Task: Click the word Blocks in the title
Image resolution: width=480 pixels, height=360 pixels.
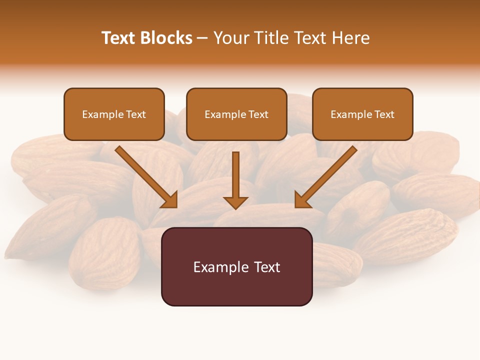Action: (166, 38)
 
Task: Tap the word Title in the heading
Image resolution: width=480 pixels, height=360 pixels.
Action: (270, 38)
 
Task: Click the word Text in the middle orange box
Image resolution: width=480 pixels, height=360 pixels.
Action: (258, 114)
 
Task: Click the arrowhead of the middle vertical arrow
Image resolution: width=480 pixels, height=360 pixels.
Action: (235, 202)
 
